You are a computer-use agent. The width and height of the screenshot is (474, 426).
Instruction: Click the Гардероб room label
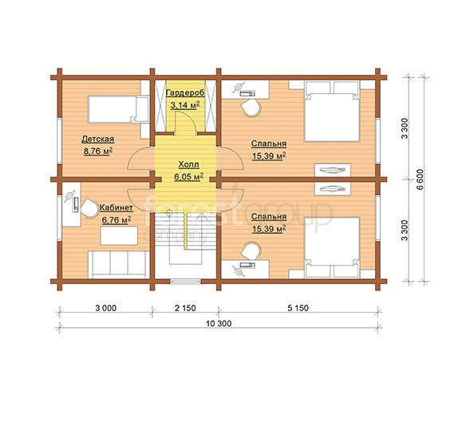185,93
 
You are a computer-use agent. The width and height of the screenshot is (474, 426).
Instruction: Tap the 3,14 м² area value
185,105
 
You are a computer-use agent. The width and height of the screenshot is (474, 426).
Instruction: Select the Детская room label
98,139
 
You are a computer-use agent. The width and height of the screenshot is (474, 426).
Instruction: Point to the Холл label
188,164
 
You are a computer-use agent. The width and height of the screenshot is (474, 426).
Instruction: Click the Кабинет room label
117,208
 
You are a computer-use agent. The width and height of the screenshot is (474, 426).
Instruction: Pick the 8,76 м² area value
98,151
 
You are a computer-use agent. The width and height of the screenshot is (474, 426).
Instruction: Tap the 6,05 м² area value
188,177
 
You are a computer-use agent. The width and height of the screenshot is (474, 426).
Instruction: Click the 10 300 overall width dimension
219,324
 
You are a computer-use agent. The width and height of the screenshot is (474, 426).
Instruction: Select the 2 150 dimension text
185,308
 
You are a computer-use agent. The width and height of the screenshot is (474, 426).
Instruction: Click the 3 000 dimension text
106,308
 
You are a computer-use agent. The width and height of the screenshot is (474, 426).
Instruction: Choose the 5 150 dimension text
298,308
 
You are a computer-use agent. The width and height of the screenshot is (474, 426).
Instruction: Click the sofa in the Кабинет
119,265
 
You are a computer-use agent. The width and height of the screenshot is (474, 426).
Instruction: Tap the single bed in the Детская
118,109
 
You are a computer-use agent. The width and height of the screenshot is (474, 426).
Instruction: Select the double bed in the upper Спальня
332,111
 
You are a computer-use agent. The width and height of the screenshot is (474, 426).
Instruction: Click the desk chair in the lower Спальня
251,250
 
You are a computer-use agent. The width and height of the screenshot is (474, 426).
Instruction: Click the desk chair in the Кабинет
90,208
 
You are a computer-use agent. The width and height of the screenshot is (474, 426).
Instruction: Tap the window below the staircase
186,282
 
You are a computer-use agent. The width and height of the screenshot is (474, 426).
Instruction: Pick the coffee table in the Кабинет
119,235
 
